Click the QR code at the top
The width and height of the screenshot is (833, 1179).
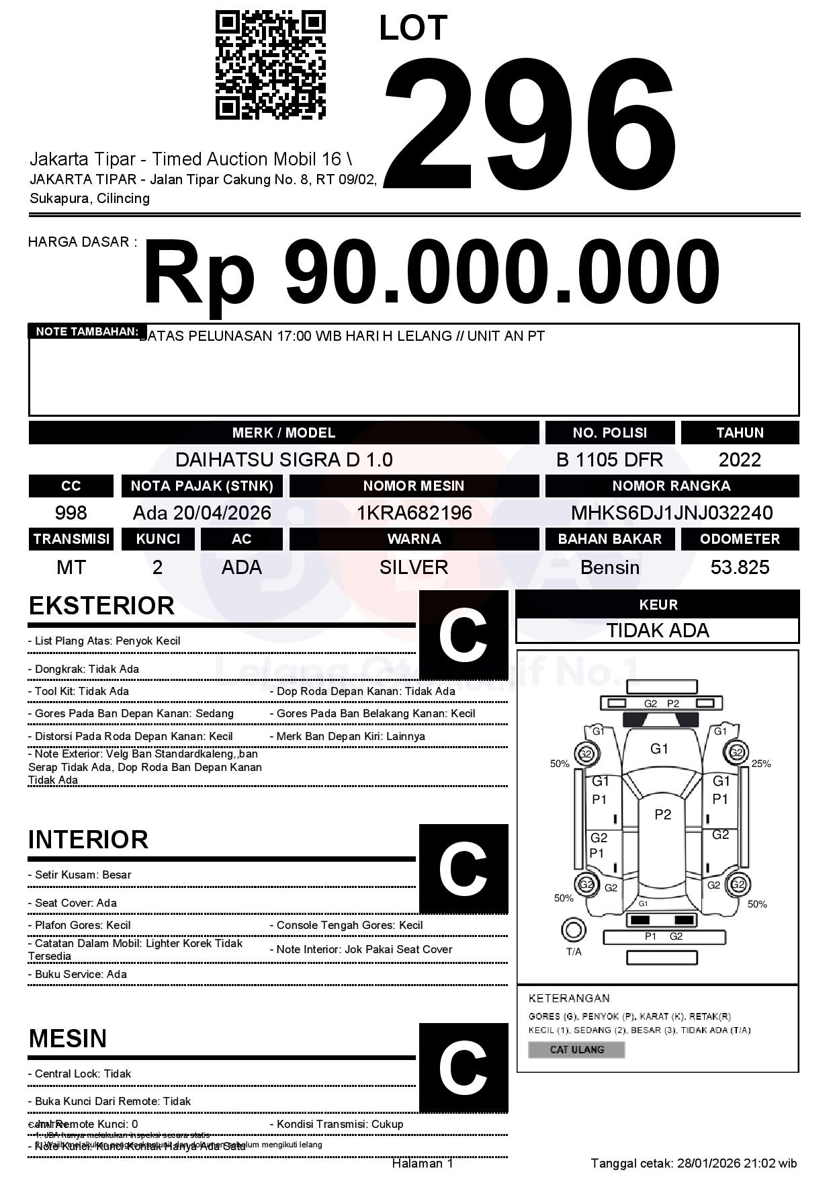point(270,65)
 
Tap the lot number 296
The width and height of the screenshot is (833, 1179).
point(529,124)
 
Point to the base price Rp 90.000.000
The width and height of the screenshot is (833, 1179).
point(431,272)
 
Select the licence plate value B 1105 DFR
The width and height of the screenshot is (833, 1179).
point(609,460)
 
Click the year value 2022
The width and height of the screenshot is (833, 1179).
point(740,460)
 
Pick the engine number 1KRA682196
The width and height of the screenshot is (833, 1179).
point(414,513)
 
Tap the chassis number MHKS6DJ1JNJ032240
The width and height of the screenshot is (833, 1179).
point(672,513)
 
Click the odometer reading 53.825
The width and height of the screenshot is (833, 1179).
point(740,567)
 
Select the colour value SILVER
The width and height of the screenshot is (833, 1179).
point(414,567)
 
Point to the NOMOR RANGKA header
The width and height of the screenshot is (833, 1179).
point(672,486)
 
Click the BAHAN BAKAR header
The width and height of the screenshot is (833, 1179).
point(609,539)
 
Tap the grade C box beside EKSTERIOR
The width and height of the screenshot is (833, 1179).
point(463,635)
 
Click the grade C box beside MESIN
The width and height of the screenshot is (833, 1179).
point(463,1067)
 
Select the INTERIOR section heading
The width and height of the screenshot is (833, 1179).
point(88,840)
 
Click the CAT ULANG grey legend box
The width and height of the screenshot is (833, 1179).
point(576,1049)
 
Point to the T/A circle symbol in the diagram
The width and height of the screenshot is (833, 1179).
point(573,930)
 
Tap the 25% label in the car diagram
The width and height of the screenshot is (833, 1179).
point(761,764)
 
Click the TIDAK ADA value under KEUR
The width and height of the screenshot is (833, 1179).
point(658,631)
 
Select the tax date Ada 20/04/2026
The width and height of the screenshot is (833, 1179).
point(202,513)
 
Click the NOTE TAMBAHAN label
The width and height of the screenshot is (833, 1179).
point(87,331)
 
